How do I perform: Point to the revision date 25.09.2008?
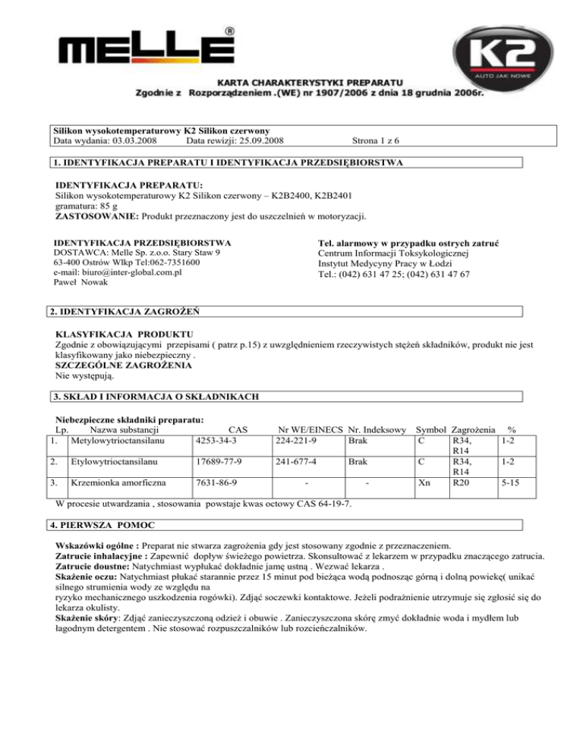point(257,140)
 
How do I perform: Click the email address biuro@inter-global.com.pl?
point(119,272)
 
